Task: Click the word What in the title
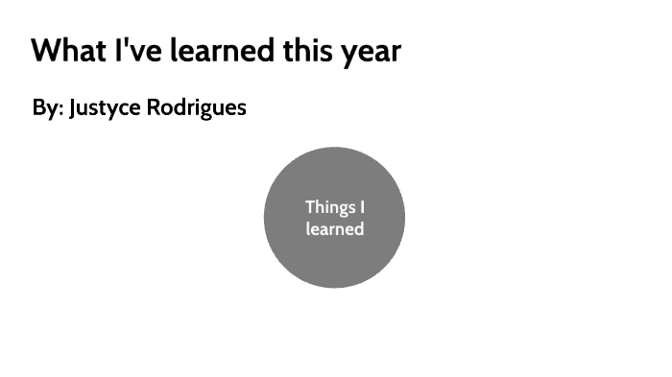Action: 66,50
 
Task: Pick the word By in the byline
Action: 46,107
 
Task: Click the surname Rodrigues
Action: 196,107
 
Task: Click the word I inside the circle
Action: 362,206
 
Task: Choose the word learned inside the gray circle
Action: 334,229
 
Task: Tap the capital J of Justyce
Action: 73,107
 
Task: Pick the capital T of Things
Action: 310,206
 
